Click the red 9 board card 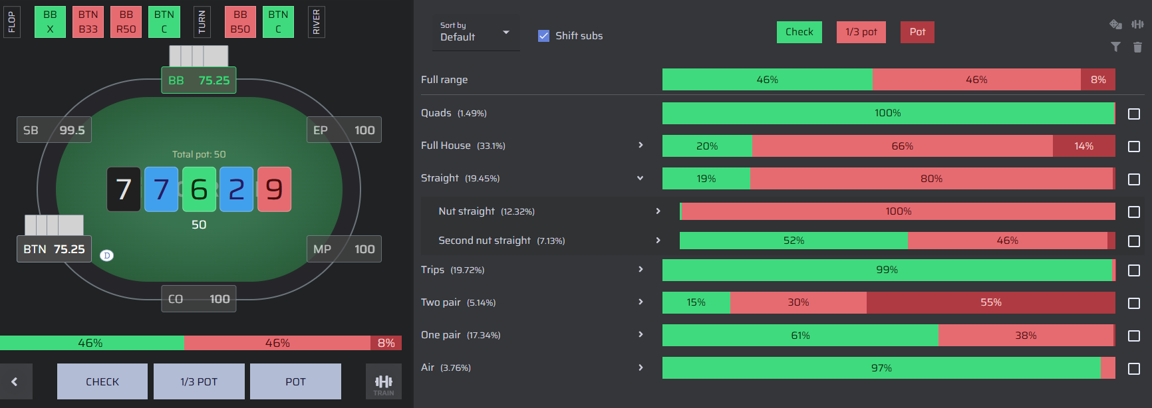tap(274, 189)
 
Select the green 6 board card tap(199, 189)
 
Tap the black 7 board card tap(124, 189)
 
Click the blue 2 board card tap(237, 189)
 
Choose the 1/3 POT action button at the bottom tap(199, 381)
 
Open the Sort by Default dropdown tap(476, 32)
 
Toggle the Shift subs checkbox tap(544, 36)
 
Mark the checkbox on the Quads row tap(1134, 114)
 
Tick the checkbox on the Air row tap(1134, 368)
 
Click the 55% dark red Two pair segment tap(991, 302)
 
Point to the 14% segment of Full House tap(1084, 146)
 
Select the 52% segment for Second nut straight tap(793, 241)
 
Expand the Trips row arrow tap(641, 270)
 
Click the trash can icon tap(1137, 47)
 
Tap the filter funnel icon tap(1115, 47)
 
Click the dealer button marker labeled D tap(106, 255)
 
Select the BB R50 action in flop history tap(126, 22)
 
